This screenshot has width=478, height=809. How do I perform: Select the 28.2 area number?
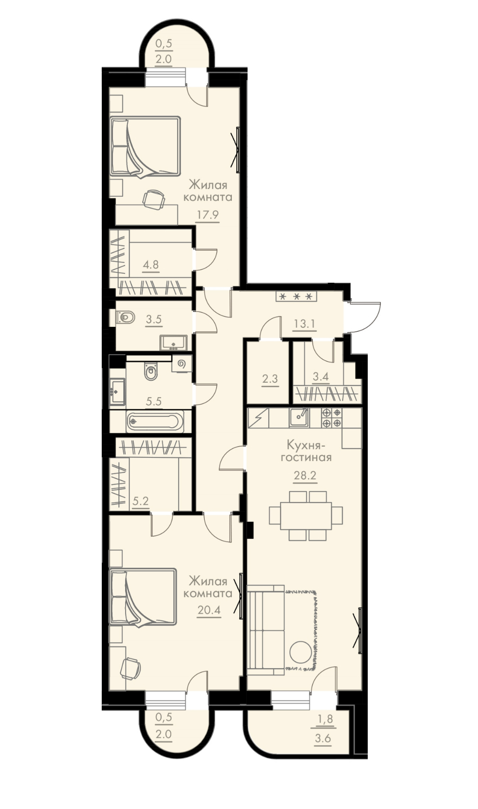pos(305,475)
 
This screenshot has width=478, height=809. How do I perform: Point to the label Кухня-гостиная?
pos(306,451)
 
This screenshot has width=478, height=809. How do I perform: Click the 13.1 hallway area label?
pos(304,324)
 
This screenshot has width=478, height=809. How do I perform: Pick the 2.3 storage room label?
pos(270,379)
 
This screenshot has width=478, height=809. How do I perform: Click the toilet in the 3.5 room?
pos(126,318)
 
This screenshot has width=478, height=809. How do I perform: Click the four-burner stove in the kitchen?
pos(331,417)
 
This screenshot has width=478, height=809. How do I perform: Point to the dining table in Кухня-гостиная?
pos(306,515)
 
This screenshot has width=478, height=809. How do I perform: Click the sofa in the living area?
pos(266,630)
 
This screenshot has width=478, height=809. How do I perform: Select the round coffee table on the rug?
pos(300,651)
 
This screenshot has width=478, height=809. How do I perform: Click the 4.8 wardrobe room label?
pos(151,264)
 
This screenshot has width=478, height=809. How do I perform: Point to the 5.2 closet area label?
pos(141,501)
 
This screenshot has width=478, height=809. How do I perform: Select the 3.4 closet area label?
pos(320,376)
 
